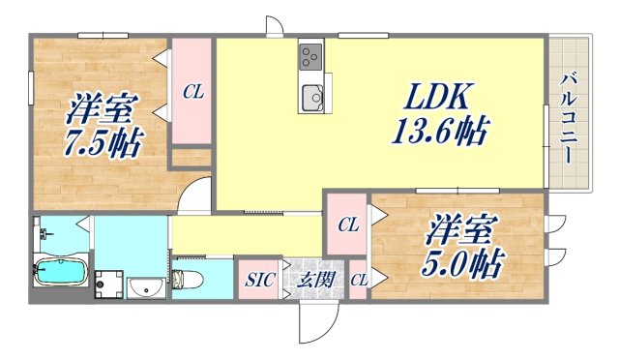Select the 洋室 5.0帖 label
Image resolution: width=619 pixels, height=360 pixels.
[x=461, y=247]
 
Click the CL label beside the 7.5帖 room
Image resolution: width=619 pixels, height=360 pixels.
[x=192, y=93]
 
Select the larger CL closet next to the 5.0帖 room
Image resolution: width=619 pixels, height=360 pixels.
[x=347, y=225]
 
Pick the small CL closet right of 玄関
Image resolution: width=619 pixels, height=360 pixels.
[x=359, y=281]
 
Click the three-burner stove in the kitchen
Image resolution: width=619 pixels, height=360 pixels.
[x=311, y=56]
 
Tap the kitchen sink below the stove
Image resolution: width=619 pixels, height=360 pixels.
[x=312, y=96]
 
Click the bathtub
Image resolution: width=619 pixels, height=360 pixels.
[x=60, y=274]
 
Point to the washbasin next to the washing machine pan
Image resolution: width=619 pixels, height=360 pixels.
[x=147, y=287]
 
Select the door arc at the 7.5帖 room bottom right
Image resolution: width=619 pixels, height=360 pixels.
[x=196, y=196]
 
